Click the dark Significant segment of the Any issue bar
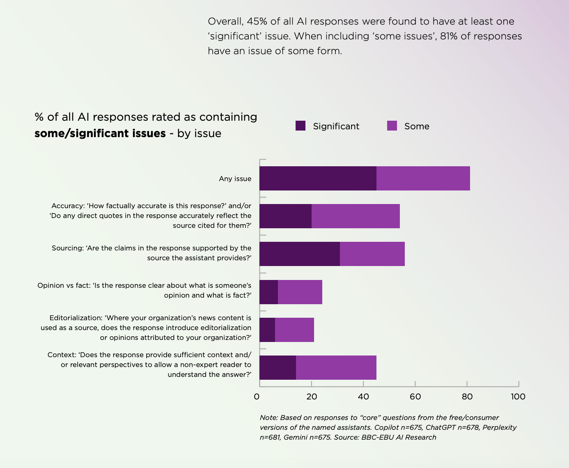tap(318, 178)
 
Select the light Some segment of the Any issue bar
tap(423, 178)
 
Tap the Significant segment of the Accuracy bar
tap(285, 216)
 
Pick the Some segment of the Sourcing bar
tap(372, 254)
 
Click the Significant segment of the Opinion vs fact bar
tap(268, 292)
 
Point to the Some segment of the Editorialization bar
tap(294, 330)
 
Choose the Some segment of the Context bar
tap(336, 367)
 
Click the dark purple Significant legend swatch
tap(301, 126)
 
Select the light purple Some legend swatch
tap(392, 126)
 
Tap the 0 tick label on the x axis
tap(257, 397)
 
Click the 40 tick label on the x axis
tap(363, 397)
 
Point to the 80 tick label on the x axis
tap(467, 397)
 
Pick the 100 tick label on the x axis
tap(518, 397)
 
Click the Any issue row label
tap(235, 179)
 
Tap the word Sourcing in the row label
tap(67, 248)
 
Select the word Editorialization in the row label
tap(76, 318)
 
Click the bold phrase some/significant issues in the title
tap(100, 133)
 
